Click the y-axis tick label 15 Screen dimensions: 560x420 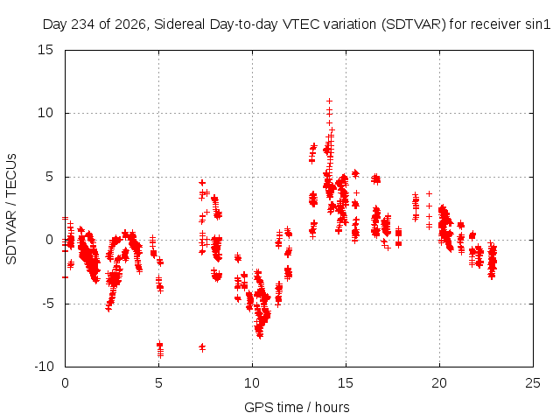tap(45, 50)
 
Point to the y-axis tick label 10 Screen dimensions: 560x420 tap(45, 113)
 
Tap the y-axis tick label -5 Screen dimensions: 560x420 tap(47, 304)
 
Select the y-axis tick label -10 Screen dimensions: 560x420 tap(44, 367)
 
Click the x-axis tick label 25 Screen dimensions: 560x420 tap(533, 383)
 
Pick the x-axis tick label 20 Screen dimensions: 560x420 tap(439, 383)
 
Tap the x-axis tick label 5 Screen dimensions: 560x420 tap(158, 383)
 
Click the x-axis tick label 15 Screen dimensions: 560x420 tap(346, 383)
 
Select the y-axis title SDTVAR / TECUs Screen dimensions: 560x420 tap(11, 209)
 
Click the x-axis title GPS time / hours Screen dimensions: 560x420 tap(297, 407)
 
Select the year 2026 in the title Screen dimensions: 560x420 tap(130, 24)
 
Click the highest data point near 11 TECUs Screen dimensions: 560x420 tap(329, 101)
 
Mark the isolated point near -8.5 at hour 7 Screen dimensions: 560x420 tap(202, 347)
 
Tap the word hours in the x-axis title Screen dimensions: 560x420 tap(332, 407)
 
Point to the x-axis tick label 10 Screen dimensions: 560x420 tap(252, 383)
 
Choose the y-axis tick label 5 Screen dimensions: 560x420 tap(49, 177)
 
